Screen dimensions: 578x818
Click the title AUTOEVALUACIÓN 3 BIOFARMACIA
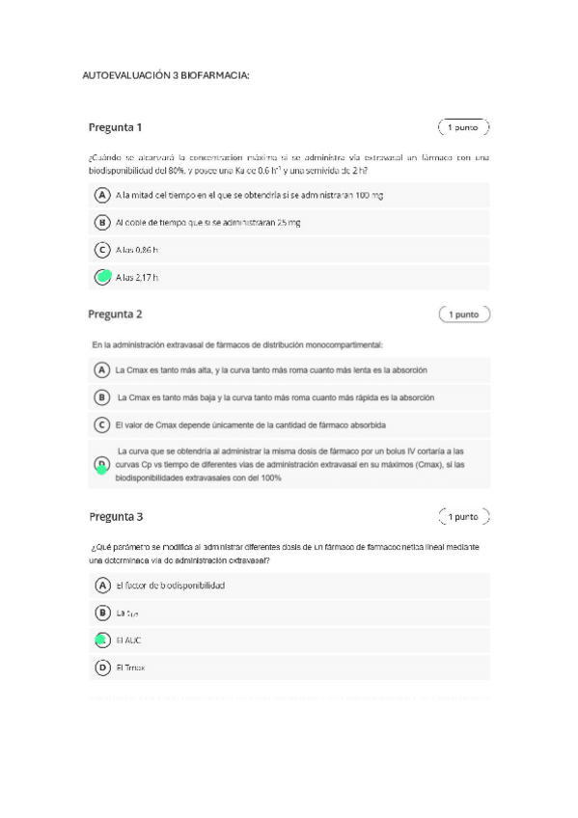click(x=166, y=75)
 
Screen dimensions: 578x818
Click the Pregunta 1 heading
click(x=116, y=127)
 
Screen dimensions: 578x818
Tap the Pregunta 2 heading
click(x=116, y=314)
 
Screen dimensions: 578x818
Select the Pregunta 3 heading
click(x=116, y=516)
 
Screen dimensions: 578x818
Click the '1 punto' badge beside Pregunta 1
click(x=463, y=127)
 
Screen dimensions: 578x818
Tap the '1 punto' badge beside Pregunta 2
click(x=463, y=314)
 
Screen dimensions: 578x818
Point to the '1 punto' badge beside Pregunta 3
click(x=463, y=516)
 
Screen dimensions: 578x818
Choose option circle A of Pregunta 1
click(x=101, y=195)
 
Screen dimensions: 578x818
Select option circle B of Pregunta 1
click(x=101, y=222)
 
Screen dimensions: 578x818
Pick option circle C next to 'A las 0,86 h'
click(x=101, y=250)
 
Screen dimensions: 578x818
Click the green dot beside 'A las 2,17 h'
click(x=102, y=278)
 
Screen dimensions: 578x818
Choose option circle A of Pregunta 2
click(x=101, y=369)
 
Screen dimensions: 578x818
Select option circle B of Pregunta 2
click(x=101, y=396)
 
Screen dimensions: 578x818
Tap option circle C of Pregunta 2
click(x=101, y=424)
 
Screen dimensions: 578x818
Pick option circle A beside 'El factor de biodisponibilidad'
click(x=101, y=585)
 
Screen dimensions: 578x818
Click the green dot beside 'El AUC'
click(x=101, y=640)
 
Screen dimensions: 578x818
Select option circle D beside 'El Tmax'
click(x=101, y=667)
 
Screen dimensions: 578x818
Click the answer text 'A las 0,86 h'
click(x=136, y=250)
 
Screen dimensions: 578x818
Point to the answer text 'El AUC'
click(x=128, y=640)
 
